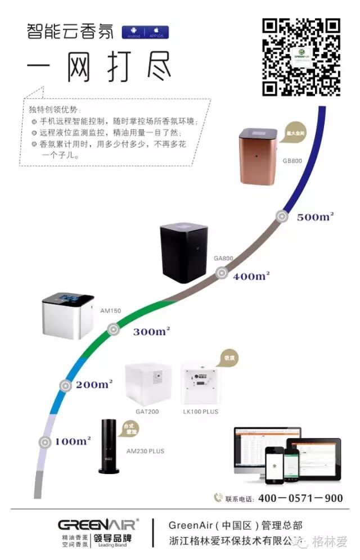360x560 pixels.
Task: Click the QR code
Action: click(301, 57)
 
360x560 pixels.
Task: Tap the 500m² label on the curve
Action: click(316, 217)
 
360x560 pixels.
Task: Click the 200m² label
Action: click(94, 385)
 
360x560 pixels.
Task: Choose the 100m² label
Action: click(73, 441)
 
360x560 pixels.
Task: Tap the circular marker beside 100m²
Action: click(45, 442)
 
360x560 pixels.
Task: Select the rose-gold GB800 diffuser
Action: click(259, 156)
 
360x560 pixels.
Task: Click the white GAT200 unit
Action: click(148, 385)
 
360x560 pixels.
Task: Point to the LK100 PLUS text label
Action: click(201, 412)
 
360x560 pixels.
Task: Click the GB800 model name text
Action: click(292, 161)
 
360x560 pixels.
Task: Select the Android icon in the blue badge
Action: click(133, 30)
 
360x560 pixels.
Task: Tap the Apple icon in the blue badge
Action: click(157, 30)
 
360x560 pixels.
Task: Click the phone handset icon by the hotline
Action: click(218, 498)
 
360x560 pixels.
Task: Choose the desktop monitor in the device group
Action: click(267, 449)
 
